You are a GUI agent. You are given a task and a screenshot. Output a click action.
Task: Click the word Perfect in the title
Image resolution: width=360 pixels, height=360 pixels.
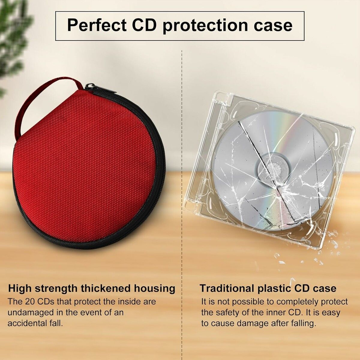[97, 25]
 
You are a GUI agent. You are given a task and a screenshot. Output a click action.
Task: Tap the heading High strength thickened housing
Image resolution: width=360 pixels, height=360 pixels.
[91, 288]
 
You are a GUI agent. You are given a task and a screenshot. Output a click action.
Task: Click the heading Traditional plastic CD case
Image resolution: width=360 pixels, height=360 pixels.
[268, 288]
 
